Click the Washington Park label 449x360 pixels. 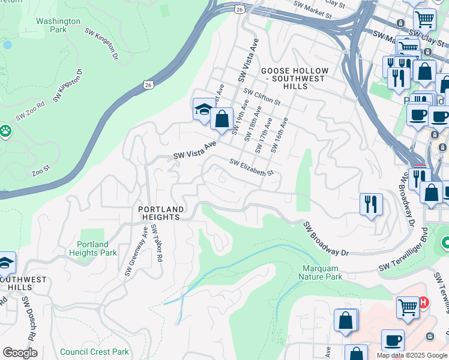point(58,25)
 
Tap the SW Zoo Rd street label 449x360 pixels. point(31,111)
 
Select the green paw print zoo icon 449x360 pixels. point(6,130)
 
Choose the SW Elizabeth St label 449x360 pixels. point(251,167)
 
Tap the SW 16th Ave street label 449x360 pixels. point(279,134)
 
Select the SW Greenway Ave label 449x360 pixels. point(136,251)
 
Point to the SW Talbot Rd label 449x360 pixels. point(157,242)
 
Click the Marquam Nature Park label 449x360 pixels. point(321,272)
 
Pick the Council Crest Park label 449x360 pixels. point(94,352)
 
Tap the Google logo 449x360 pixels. point(20,352)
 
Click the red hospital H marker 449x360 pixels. point(424,303)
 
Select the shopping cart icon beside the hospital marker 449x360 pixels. point(408,307)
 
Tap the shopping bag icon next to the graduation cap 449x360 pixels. point(221,118)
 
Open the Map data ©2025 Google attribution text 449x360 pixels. point(411,355)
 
